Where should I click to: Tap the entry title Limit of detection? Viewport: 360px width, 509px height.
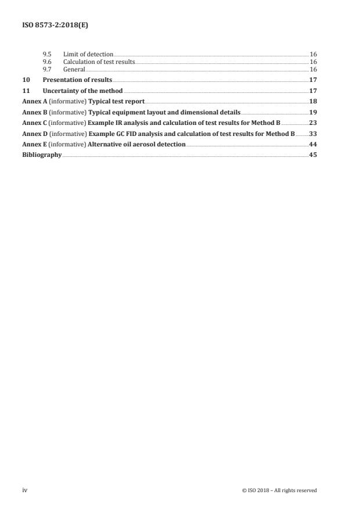88,54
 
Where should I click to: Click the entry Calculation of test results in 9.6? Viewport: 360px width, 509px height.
99,62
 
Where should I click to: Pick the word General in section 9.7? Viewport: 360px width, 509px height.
74,69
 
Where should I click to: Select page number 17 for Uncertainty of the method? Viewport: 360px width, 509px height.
312,91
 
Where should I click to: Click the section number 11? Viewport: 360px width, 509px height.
26,91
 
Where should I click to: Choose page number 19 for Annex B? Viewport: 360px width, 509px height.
312,112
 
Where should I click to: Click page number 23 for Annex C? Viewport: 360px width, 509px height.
312,123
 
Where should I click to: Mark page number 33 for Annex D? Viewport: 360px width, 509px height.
312,134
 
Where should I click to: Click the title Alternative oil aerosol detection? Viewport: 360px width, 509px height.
136,145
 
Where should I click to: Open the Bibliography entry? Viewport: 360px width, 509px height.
41,155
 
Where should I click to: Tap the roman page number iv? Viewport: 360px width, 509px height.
25,490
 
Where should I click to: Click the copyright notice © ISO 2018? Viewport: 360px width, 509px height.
279,490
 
